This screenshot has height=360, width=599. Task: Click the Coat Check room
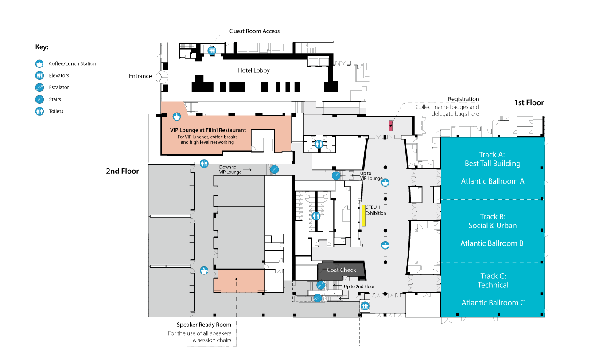pos(341,270)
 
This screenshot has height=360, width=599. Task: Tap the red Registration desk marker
pos(391,125)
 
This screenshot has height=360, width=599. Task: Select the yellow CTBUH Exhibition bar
pos(364,215)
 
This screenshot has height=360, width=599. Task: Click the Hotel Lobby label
pos(254,70)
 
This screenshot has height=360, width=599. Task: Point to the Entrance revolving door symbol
pos(162,78)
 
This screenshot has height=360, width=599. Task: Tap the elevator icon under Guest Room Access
pos(212,50)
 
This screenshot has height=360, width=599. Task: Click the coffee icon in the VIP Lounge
pos(177,117)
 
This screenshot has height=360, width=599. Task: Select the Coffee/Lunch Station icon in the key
pos(39,64)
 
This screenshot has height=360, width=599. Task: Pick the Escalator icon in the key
pos(39,87)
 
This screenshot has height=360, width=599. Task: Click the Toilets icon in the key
pos(39,111)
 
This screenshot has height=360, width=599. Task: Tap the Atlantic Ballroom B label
pos(492,243)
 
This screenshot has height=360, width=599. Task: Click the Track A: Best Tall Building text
pos(493,159)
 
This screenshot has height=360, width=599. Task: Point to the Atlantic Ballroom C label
pos(493,303)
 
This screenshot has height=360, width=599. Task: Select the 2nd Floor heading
pos(122,171)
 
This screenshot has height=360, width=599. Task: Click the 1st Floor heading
pos(529,102)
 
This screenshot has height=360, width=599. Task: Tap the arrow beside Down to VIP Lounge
pos(247,170)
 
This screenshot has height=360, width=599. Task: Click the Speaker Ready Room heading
pos(204,325)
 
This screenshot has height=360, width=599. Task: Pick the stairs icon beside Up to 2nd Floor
pos(321,286)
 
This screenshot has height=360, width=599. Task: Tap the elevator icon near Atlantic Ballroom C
pos(365,306)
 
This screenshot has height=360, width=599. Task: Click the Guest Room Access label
pos(254,31)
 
